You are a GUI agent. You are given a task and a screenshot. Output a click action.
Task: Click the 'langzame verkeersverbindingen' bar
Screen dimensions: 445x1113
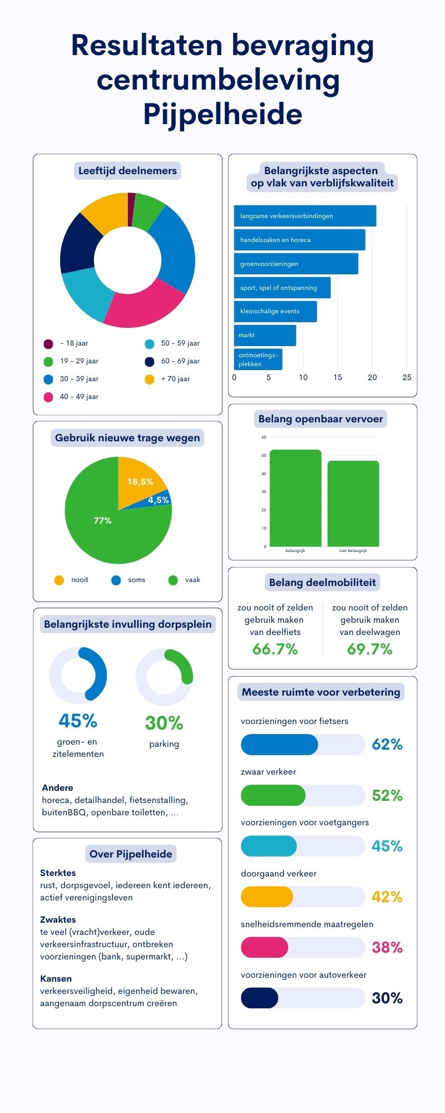(305, 216)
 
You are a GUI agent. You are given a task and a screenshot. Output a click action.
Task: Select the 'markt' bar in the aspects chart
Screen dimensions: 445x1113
(265, 336)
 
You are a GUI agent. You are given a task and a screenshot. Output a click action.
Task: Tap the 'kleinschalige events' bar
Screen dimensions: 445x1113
(275, 312)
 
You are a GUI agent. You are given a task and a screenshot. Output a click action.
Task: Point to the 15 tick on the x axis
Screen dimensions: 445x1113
(338, 377)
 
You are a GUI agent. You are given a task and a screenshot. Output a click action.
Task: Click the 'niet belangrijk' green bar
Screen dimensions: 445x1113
(353, 504)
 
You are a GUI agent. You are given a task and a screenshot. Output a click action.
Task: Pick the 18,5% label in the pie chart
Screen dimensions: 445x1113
(140, 482)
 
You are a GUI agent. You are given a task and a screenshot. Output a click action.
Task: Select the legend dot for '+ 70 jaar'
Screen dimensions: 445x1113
(149, 380)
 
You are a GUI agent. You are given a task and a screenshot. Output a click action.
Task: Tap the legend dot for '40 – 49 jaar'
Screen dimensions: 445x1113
(48, 397)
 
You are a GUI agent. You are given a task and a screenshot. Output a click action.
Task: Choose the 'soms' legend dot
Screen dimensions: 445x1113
(116, 580)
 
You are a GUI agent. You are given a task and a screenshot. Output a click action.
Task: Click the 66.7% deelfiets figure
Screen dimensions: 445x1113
(275, 649)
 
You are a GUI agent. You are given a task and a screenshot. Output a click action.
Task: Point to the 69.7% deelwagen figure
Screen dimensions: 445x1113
(370, 649)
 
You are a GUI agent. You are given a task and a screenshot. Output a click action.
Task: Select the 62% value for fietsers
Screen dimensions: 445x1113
(387, 745)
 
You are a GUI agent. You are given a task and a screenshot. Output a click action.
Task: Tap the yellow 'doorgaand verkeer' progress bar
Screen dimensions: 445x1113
(267, 897)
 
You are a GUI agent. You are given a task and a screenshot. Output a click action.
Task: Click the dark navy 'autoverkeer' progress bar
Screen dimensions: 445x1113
(259, 998)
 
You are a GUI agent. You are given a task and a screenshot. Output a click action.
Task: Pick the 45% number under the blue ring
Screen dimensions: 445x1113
(78, 721)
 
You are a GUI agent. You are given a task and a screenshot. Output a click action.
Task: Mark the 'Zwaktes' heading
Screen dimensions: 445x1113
(58, 920)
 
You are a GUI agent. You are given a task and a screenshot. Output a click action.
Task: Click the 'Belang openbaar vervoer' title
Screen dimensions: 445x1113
(321, 419)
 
